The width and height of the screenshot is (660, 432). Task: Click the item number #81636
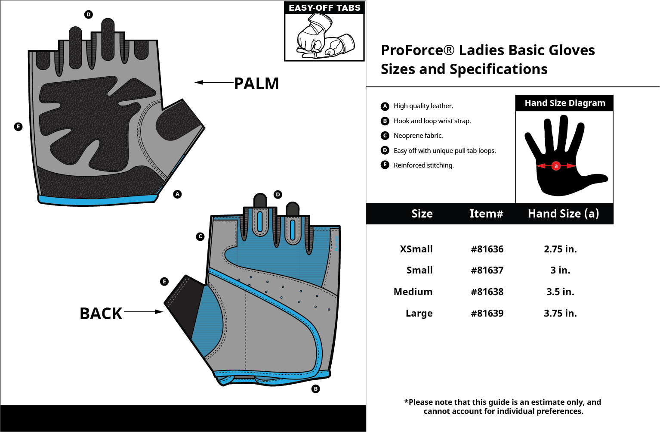pos(487,249)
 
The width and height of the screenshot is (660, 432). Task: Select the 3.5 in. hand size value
pos(560,292)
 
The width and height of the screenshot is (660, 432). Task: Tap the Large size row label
pos(419,313)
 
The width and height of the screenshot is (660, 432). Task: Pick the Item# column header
pos(486,214)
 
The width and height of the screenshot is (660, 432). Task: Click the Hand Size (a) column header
pos(563,214)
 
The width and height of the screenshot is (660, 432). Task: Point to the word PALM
pos(256,84)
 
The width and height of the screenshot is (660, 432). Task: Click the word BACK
pos(101,314)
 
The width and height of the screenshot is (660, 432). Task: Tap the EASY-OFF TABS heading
pos(324,8)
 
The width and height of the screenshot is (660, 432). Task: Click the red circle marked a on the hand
pos(556,165)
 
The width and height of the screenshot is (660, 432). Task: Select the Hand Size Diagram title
pos(564,103)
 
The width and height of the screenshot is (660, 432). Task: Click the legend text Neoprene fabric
pos(418,136)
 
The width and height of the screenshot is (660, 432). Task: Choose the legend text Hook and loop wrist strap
pos(432,121)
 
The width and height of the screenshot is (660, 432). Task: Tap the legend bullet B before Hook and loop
pos(385,121)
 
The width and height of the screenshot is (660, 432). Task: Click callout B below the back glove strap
pos(316,389)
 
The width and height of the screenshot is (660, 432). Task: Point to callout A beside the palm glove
pos(177,194)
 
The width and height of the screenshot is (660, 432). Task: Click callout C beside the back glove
pos(200,236)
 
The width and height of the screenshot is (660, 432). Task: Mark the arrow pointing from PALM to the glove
pos(213,82)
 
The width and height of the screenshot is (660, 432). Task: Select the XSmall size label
pos(416,249)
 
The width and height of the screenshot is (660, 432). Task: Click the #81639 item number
pos(487,313)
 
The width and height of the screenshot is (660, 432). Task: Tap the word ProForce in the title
pos(413,50)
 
